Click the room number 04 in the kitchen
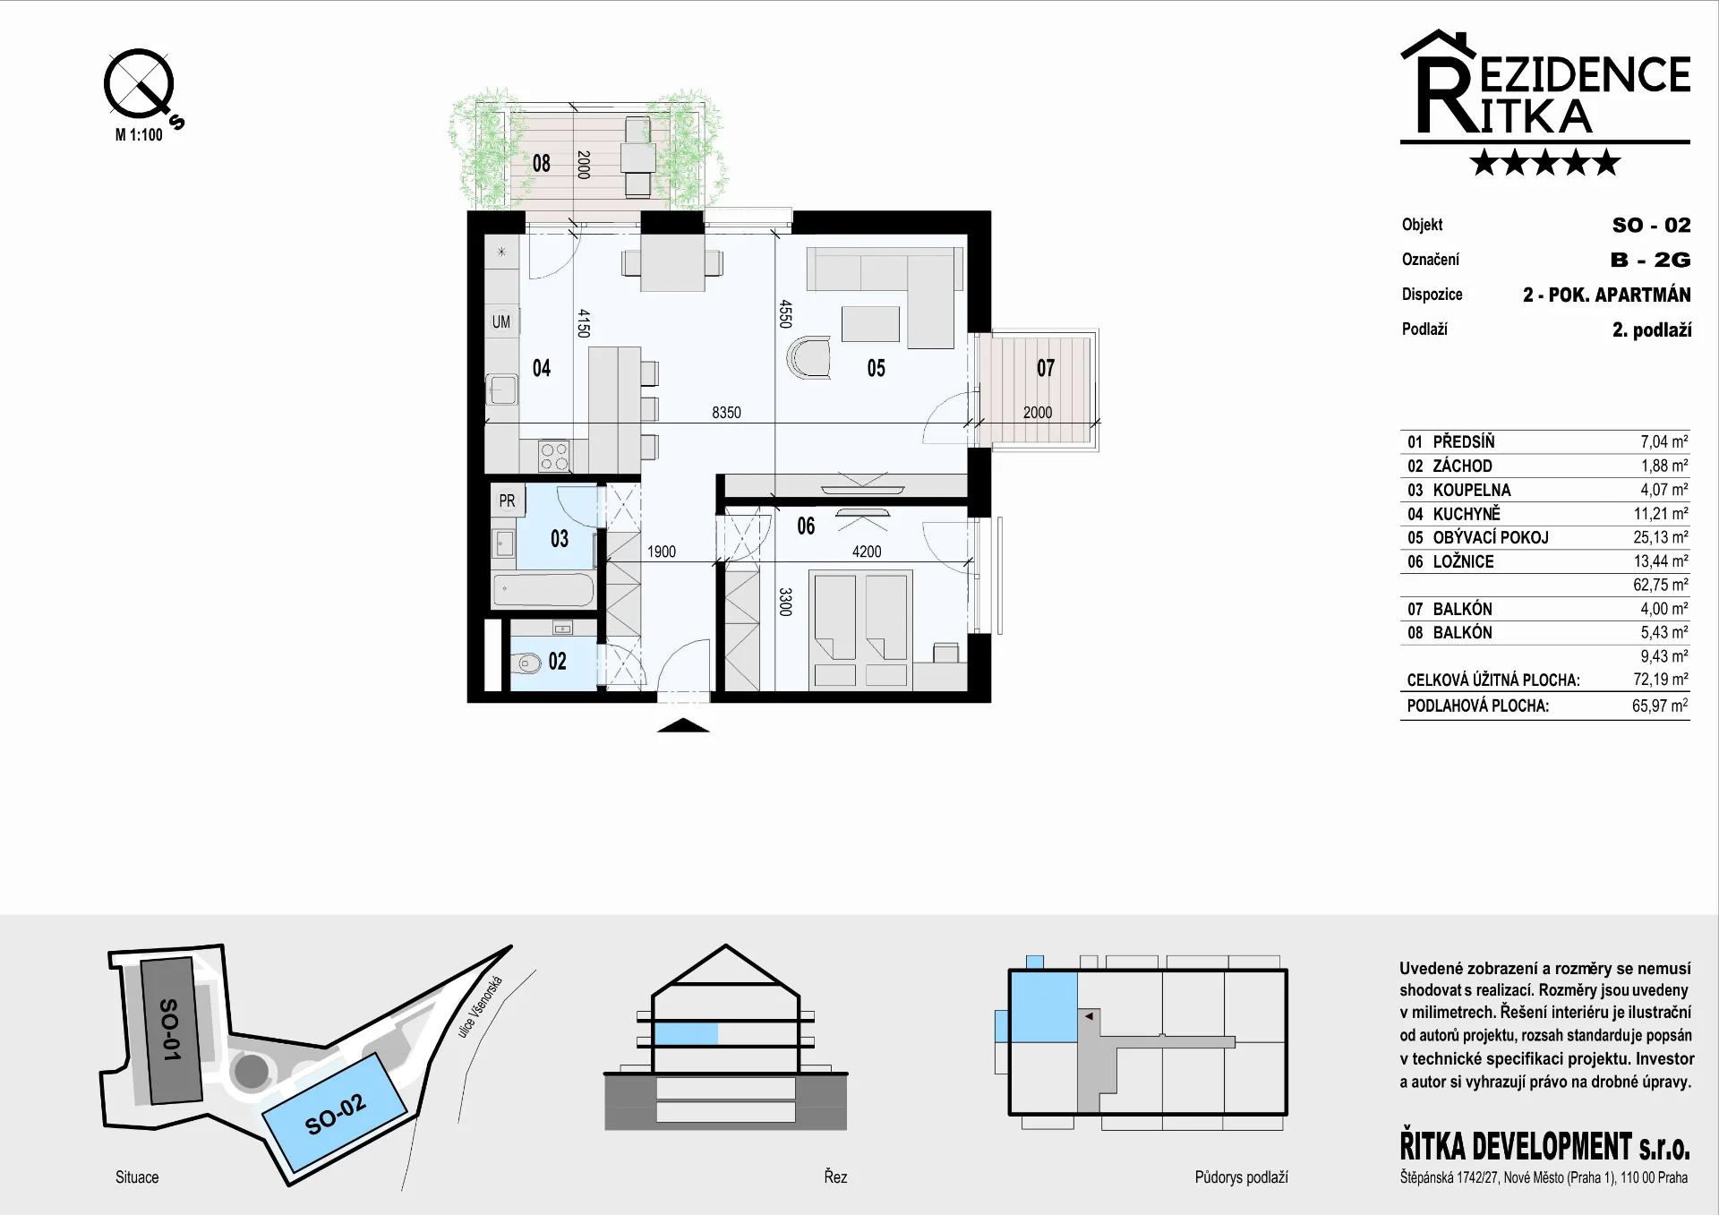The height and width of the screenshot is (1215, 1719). coord(541,368)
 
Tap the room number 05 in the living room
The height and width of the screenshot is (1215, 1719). coord(876,368)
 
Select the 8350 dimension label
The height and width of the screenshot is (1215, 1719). coord(726,413)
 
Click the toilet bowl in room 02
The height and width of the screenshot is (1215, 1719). coord(528,663)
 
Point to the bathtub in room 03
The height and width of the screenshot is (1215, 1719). coord(543,590)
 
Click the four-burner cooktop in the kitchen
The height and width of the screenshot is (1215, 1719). coord(553,456)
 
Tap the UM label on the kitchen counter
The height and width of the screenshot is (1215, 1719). coord(501,321)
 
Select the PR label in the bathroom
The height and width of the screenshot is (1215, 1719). coord(507,501)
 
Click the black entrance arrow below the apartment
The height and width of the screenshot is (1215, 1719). coord(683,725)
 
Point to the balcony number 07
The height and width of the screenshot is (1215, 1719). coord(1046,368)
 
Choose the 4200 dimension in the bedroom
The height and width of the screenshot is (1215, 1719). coord(867,552)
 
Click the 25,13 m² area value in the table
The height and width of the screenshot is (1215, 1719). coord(1661,537)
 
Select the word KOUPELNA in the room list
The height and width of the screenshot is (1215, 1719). coord(1472,490)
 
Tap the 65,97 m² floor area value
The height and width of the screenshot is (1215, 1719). coord(1660,706)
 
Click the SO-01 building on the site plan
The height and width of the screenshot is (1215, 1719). coord(170,1030)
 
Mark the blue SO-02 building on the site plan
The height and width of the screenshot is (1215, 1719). coord(335,1113)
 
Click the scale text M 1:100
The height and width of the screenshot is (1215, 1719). coord(139,135)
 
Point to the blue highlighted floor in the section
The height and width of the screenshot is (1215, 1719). coord(686,1034)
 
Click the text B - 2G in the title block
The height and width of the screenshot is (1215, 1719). coord(1650,260)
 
